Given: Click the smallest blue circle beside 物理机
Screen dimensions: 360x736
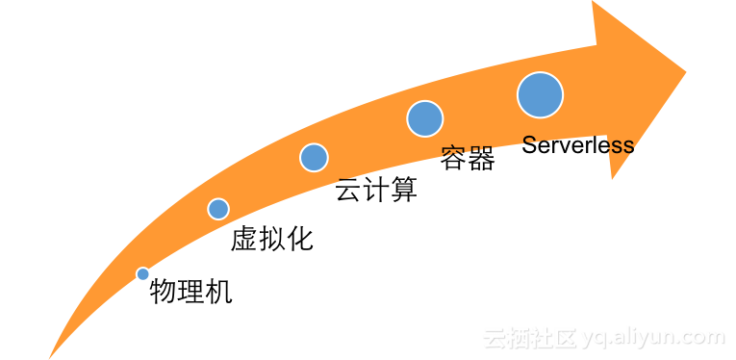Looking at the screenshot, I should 143,274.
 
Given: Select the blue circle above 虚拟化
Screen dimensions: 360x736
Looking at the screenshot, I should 218,209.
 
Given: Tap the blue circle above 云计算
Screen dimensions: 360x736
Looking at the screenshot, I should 314,157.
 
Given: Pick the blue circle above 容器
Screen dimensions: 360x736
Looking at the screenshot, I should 424,118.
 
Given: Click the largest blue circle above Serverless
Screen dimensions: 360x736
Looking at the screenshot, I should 540,95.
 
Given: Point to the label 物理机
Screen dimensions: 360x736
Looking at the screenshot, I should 191,292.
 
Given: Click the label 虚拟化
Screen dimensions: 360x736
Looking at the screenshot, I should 272,239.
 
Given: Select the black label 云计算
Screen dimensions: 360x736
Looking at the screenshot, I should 376,190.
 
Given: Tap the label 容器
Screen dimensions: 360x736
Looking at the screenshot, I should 468,159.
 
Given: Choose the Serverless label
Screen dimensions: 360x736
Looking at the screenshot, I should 577,145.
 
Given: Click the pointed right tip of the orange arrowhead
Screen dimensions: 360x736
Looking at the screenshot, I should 684,72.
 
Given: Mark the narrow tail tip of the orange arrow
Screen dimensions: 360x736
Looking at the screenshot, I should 51,355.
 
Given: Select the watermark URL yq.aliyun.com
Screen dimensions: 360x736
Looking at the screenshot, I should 654,338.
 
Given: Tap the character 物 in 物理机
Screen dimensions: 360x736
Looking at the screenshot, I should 164,292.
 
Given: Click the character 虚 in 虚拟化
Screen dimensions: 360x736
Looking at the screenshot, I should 244,239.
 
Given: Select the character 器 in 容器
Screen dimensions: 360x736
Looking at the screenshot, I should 481,159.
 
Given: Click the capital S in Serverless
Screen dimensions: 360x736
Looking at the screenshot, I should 529,145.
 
